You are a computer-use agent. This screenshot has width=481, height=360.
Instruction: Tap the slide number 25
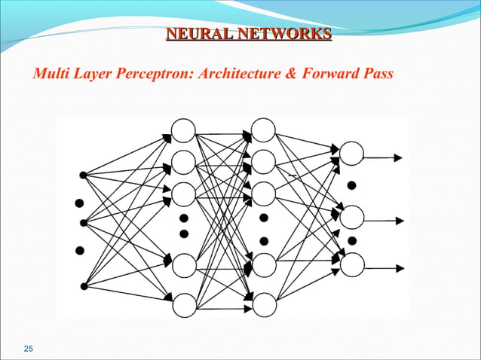(x=29, y=347)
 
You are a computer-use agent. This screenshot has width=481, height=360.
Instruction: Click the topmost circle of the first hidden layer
(x=183, y=130)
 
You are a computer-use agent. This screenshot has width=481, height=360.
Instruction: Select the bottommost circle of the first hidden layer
(x=183, y=305)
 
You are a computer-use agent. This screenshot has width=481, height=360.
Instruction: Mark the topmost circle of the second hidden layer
(x=263, y=130)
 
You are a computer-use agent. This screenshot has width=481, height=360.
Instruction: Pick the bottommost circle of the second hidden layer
(x=263, y=304)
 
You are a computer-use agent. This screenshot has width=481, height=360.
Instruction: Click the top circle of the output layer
(x=351, y=154)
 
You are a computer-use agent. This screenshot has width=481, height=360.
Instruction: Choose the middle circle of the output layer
(x=352, y=218)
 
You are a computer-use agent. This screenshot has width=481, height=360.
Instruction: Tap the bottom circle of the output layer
(x=352, y=264)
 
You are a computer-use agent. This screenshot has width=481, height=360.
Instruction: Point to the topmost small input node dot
(x=83, y=175)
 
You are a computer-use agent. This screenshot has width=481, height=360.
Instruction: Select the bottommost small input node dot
(x=83, y=285)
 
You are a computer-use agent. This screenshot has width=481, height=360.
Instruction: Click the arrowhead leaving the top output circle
(x=400, y=157)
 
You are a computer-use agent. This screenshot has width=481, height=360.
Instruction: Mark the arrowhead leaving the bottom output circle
(x=400, y=268)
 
